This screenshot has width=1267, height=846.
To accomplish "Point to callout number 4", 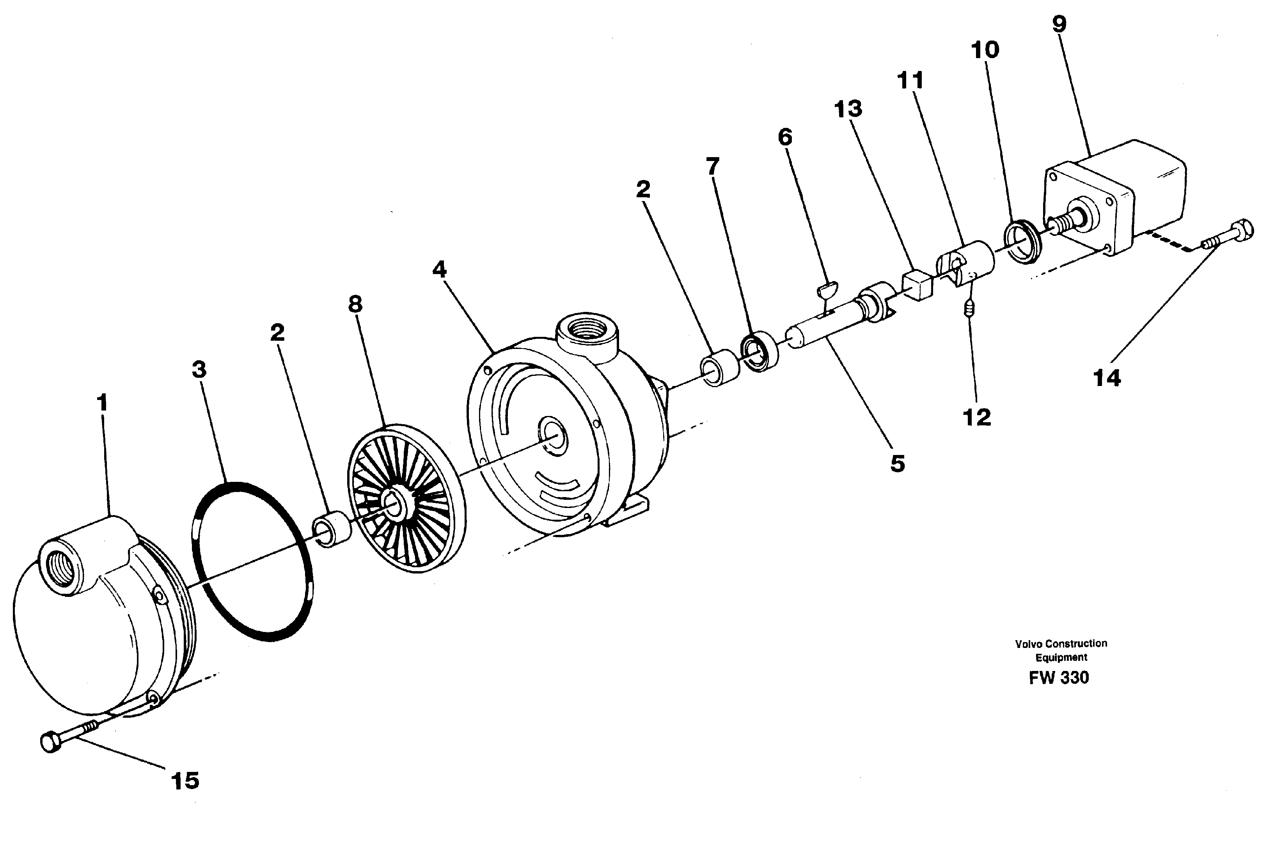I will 439,269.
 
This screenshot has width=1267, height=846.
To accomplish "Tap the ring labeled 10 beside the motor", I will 1022,241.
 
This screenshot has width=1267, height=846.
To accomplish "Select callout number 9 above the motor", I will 1059,24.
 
